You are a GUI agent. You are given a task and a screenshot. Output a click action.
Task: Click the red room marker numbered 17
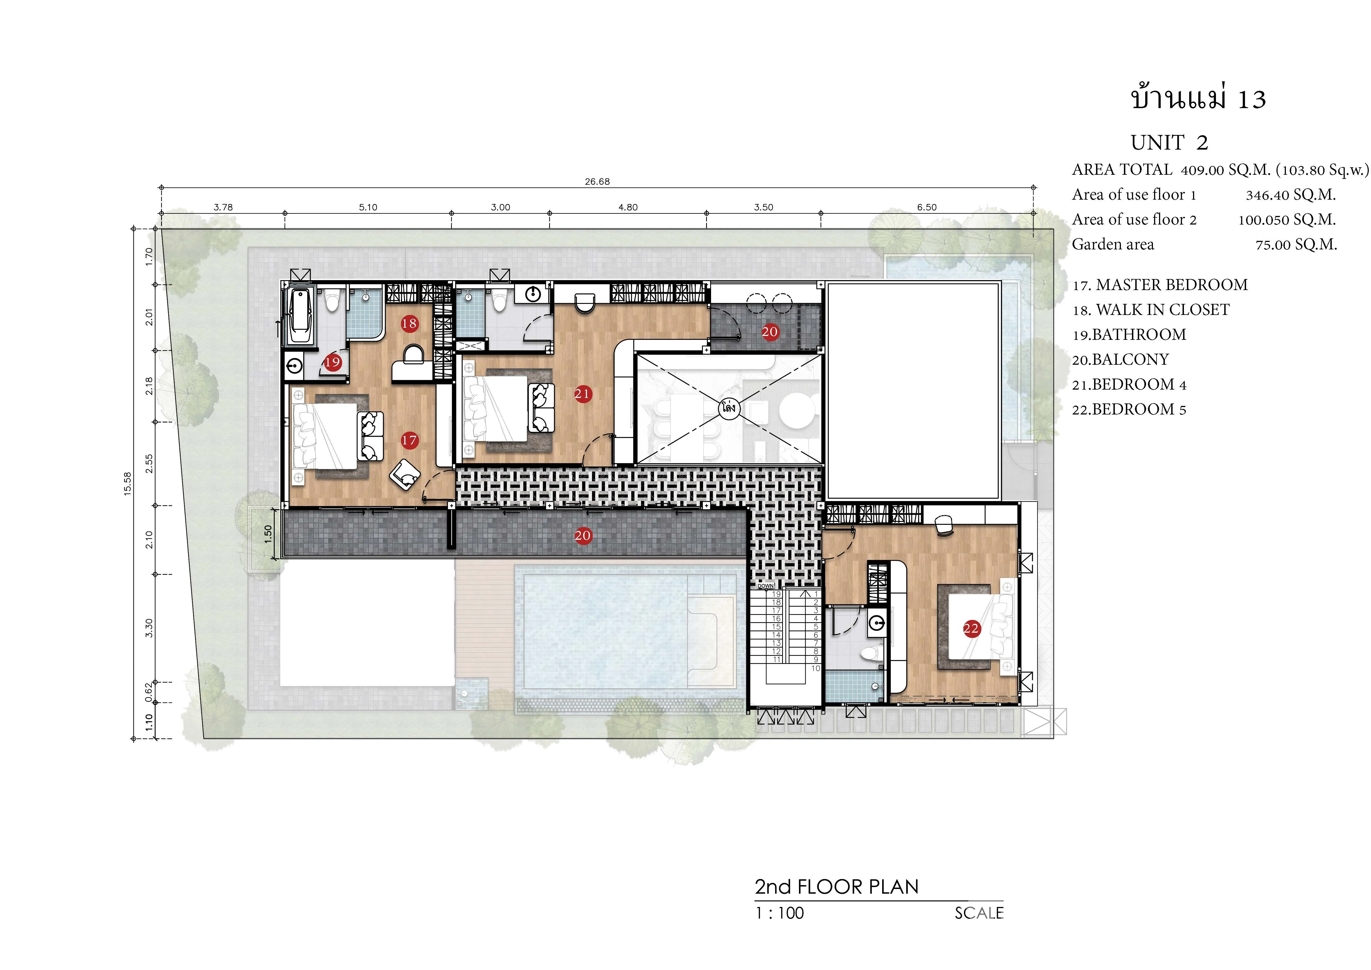[x=409, y=440]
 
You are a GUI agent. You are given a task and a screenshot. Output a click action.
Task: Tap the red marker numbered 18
[x=409, y=324]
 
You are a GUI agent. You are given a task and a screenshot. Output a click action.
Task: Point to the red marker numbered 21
[x=582, y=394]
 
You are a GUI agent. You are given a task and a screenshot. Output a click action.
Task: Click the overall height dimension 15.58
[x=127, y=484]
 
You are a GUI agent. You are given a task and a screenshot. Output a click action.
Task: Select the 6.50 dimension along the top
[x=927, y=207]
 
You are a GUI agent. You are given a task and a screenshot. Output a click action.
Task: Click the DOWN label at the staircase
[x=766, y=586]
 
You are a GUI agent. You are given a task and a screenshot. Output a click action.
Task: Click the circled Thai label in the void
[x=728, y=409]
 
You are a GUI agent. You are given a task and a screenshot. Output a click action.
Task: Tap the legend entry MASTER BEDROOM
[x=1171, y=285]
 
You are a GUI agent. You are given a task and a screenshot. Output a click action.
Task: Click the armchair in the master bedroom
[x=405, y=474]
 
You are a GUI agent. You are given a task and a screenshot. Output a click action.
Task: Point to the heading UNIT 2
[x=1169, y=143]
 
